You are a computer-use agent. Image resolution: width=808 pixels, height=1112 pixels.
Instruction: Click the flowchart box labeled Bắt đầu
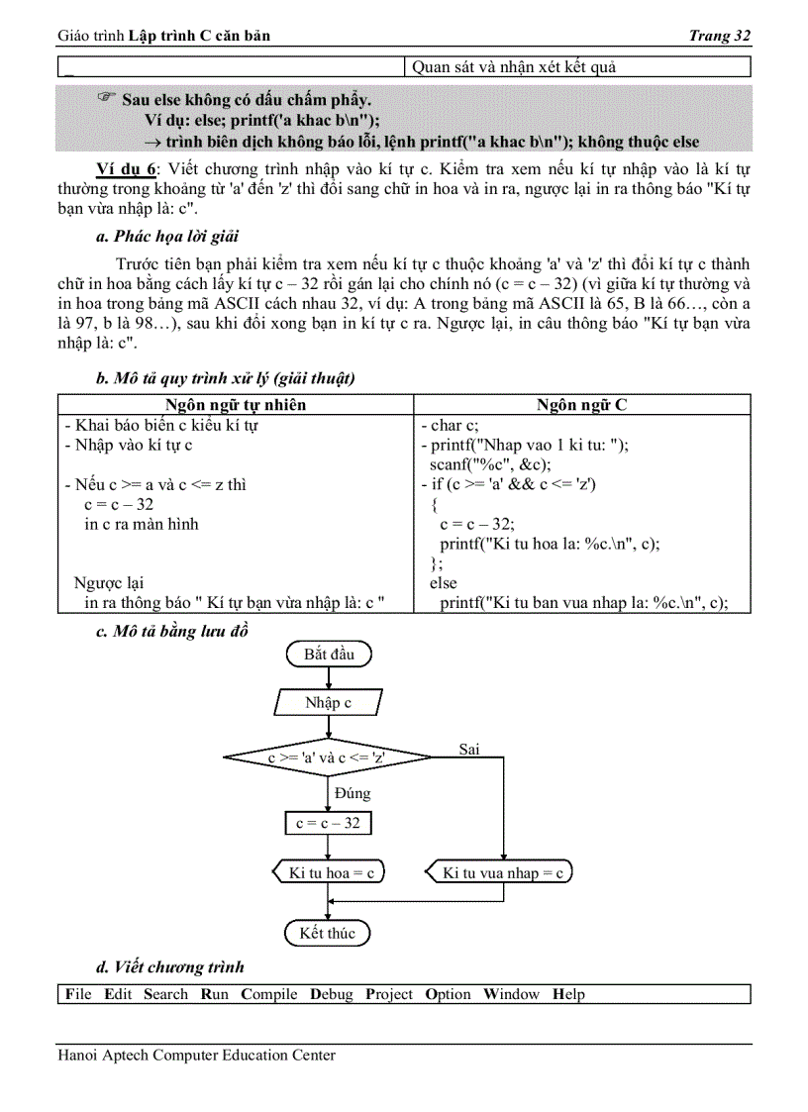[328, 655]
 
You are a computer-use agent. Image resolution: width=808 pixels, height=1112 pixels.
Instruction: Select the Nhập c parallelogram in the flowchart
[328, 703]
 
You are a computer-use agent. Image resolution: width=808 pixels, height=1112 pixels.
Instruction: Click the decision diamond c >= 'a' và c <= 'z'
[327, 758]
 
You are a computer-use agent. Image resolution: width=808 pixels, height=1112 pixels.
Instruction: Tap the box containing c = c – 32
[328, 823]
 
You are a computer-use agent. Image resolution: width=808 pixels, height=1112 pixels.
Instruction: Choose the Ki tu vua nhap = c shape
[501, 872]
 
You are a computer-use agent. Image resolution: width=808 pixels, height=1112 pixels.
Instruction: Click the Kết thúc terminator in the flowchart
[327, 933]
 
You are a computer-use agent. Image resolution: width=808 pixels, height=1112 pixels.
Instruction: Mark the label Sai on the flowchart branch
[469, 750]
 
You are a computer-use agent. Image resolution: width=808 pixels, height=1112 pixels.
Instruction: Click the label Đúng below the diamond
[353, 793]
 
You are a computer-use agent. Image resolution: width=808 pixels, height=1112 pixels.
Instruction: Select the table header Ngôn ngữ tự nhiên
[236, 405]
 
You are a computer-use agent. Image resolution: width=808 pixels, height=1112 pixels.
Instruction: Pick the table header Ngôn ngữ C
[581, 405]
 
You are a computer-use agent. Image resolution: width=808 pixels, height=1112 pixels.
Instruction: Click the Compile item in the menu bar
[269, 994]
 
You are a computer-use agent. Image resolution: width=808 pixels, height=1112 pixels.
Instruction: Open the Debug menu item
[331, 994]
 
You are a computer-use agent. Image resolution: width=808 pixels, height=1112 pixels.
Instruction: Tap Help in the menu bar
[568, 994]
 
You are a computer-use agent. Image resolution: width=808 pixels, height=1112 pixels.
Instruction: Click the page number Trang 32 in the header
[719, 36]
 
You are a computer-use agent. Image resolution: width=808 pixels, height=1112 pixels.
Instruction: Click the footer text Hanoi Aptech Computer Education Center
[196, 1056]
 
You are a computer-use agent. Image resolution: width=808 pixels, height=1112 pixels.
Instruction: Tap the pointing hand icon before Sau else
[108, 98]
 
